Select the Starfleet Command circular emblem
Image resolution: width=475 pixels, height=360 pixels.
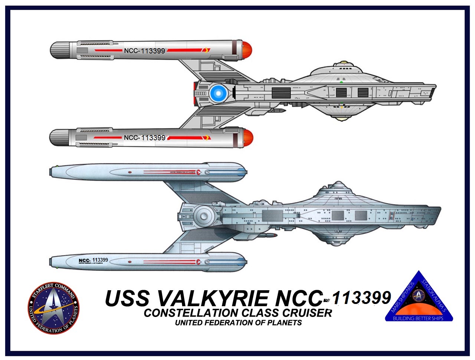[53, 308]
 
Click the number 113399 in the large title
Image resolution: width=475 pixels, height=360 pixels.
[361, 298]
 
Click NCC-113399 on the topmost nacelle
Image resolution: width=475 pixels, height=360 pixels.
[144, 51]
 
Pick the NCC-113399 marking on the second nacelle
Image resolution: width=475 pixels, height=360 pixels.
[144, 138]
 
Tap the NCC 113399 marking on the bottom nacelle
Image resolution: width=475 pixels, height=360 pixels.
[93, 260]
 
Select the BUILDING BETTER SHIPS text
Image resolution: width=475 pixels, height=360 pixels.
[418, 318]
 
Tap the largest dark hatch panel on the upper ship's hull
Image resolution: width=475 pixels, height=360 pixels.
[281, 92]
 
